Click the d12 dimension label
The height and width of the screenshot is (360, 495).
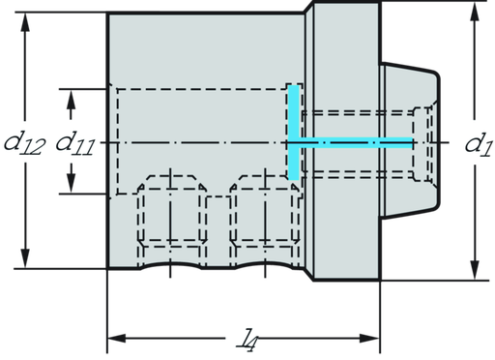pyautogui.click(x=22, y=143)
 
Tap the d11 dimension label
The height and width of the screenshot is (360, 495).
pyautogui.click(x=74, y=143)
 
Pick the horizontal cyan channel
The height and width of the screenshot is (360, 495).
pyautogui.click(x=358, y=142)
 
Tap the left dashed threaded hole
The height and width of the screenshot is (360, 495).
pyautogui.click(x=171, y=219)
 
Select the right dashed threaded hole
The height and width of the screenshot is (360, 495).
pyautogui.click(x=264, y=219)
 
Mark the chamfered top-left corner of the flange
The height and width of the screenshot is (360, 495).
pyautogui.click(x=309, y=12)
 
